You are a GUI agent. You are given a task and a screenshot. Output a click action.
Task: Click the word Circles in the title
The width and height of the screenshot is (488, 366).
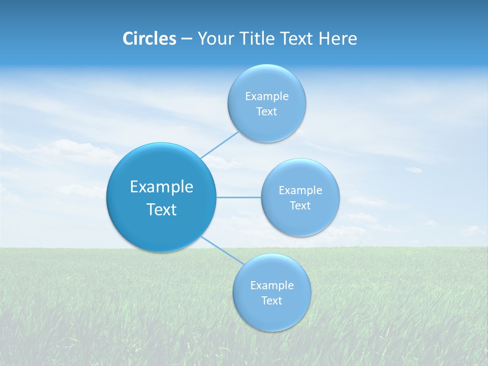pyautogui.click(x=149, y=39)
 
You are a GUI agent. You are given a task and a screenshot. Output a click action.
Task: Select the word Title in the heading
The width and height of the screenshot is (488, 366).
pyautogui.click(x=260, y=39)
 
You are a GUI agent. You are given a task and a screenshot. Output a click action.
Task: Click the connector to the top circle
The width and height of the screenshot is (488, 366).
pyautogui.click(x=220, y=144)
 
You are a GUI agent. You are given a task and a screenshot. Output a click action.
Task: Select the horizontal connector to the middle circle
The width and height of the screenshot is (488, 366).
pyautogui.click(x=239, y=197)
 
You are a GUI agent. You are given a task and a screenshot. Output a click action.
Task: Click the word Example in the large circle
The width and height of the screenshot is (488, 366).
pyautogui.click(x=162, y=187)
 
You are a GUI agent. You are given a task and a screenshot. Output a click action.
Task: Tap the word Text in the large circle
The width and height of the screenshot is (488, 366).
pyautogui.click(x=162, y=209)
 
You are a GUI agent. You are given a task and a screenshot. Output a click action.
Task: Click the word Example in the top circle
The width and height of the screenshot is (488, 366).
pyautogui.click(x=266, y=97)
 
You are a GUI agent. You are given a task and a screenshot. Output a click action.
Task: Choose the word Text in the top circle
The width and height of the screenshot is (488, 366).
pyautogui.click(x=266, y=112)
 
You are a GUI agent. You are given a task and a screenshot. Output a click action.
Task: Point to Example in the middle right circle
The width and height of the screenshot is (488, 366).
pyautogui.click(x=300, y=191)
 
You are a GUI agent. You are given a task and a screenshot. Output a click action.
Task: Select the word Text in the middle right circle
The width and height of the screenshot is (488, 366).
pyautogui.click(x=300, y=206)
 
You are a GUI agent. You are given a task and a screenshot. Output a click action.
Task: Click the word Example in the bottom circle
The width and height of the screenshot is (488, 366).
pyautogui.click(x=272, y=286)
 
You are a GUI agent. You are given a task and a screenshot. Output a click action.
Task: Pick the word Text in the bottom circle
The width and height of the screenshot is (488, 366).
pyautogui.click(x=271, y=301)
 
